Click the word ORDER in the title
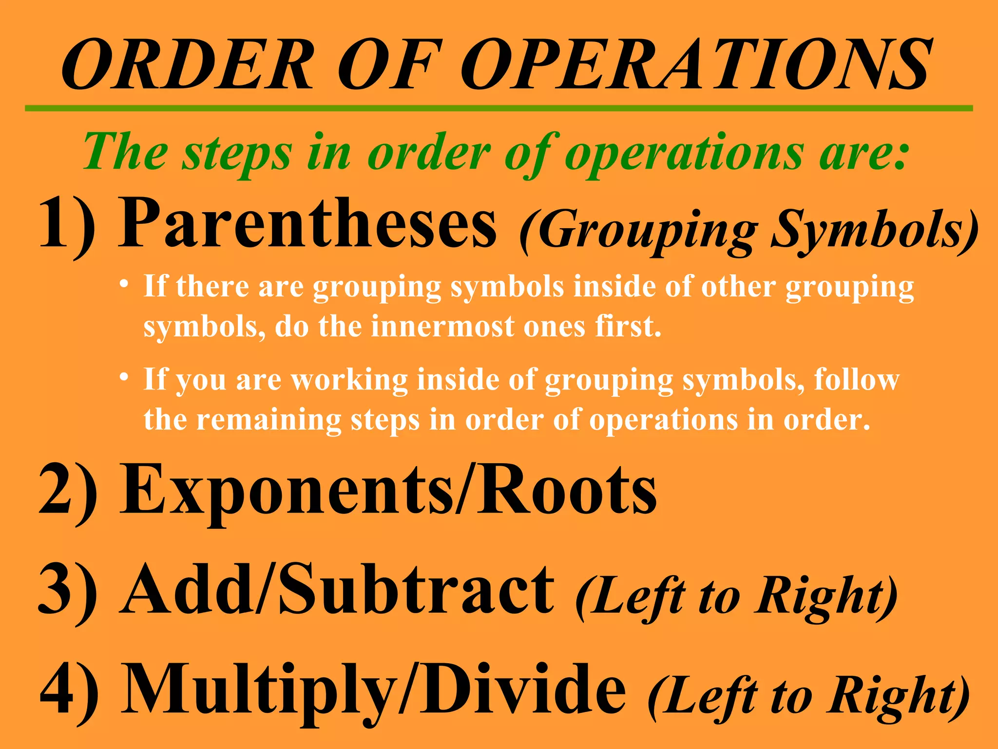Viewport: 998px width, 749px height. [188, 65]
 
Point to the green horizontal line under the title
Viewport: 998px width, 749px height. [499, 108]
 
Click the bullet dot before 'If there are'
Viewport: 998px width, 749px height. [125, 284]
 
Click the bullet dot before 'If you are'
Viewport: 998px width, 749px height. [125, 377]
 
